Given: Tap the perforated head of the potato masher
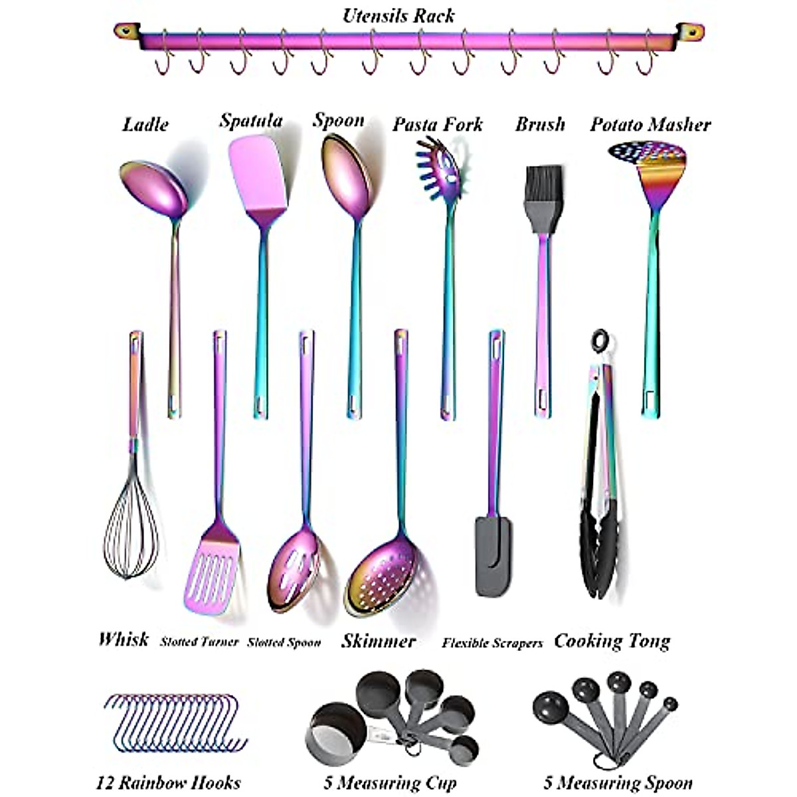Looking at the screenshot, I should click(x=648, y=156).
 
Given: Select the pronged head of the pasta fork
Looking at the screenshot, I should click(x=439, y=169).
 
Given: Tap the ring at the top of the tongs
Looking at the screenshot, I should click(x=600, y=341).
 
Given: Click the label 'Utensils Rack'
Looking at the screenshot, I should click(x=398, y=15).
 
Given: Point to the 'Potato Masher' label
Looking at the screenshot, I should click(x=650, y=125).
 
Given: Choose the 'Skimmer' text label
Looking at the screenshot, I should click(x=379, y=641).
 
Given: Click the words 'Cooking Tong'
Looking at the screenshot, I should click(x=612, y=642).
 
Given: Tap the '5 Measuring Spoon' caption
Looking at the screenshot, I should click(x=618, y=782).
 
